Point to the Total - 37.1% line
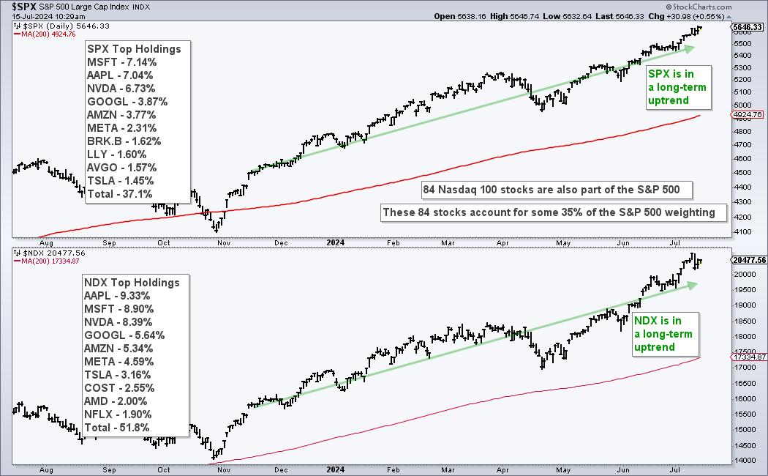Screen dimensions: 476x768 (x=119, y=194)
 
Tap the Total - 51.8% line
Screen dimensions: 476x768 (x=119, y=428)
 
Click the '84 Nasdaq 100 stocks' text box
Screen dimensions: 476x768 (x=551, y=190)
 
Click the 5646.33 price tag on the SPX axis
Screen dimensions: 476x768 (x=748, y=26)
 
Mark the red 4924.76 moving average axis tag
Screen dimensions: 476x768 (x=748, y=114)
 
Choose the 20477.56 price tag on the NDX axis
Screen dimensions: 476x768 (x=748, y=259)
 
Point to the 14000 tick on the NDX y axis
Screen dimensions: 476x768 (x=743, y=461)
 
